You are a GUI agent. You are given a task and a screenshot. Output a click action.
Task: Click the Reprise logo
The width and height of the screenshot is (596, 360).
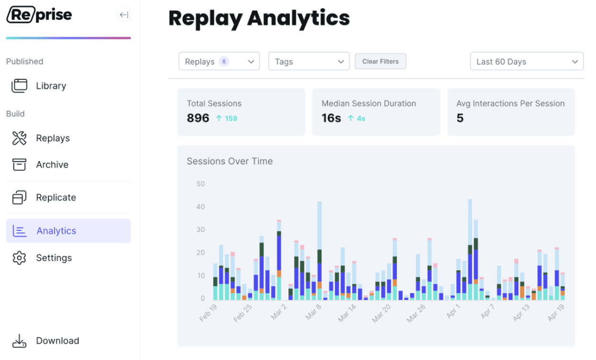pos(39,15)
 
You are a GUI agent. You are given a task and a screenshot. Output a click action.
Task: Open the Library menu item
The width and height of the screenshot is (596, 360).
pos(51,86)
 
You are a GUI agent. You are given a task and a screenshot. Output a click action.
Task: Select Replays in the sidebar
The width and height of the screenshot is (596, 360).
pos(53,138)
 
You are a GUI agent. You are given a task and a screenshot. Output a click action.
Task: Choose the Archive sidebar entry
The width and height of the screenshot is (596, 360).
pos(52,165)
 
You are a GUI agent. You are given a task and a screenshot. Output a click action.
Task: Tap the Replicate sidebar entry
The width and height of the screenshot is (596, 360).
pos(55,198)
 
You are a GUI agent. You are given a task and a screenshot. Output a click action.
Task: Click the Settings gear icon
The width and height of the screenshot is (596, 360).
pos(19,258)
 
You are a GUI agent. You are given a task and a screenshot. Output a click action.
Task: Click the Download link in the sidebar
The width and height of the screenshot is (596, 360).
pos(57,341)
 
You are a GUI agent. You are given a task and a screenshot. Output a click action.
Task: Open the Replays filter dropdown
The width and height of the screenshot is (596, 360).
pos(219,62)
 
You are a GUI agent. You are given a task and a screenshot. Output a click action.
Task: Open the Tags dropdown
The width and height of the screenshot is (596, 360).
pos(309,62)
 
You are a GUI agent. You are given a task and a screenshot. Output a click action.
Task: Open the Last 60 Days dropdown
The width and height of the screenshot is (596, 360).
pos(527,62)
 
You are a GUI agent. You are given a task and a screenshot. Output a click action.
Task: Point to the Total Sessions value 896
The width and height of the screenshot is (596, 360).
pos(198,118)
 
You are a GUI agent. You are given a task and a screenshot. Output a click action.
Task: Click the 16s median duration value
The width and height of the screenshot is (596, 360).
pos(331,118)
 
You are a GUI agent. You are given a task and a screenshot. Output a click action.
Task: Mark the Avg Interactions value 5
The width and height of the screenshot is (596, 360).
pos(460,118)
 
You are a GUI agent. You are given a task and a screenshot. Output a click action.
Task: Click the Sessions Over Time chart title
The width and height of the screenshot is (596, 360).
pos(230,161)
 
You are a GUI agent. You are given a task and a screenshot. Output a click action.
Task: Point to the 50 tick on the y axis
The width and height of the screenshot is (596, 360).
pos(200,184)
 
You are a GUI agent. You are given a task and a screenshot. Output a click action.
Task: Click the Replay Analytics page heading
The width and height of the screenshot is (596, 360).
pos(259,18)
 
